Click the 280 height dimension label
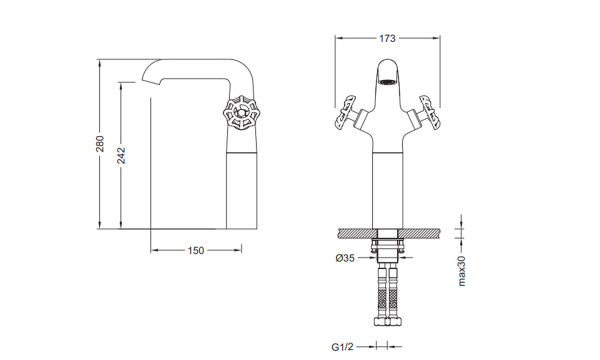[x=100, y=143]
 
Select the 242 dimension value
[x=121, y=155]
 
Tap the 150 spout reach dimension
[x=196, y=251]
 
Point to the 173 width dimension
[x=387, y=38]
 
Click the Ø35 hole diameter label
[x=345, y=258]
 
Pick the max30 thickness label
[x=462, y=271]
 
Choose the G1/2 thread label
[x=342, y=347]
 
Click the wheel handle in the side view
[x=240, y=113]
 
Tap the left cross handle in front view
[x=348, y=113]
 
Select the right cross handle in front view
[x=427, y=113]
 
